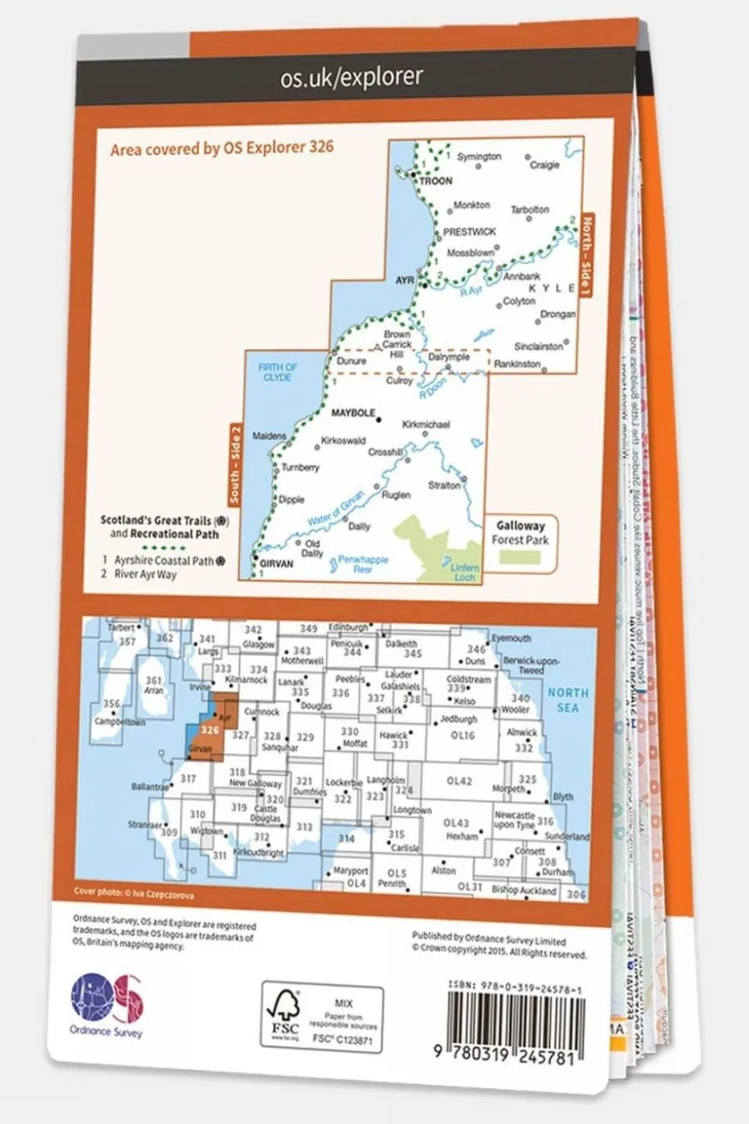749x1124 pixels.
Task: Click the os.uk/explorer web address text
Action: click(351, 77)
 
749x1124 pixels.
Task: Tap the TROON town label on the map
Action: click(435, 180)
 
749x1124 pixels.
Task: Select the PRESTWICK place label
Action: click(469, 232)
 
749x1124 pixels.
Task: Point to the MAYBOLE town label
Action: click(353, 412)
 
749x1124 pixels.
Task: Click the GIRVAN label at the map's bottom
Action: click(276, 563)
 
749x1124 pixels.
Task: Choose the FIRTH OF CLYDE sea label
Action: click(277, 372)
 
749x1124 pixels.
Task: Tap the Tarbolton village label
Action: click(530, 209)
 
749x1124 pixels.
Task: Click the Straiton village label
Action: click(444, 485)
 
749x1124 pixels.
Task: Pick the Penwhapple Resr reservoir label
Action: click(362, 564)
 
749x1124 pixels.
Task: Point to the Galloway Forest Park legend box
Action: click(520, 541)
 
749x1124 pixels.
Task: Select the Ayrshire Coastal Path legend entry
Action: click(163, 560)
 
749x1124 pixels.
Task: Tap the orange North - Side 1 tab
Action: click(587, 256)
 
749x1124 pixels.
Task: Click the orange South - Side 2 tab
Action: click(235, 464)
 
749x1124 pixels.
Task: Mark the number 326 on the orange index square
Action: click(209, 730)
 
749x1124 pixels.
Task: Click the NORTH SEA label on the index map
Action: click(568, 700)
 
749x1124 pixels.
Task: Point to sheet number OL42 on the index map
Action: click(458, 780)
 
